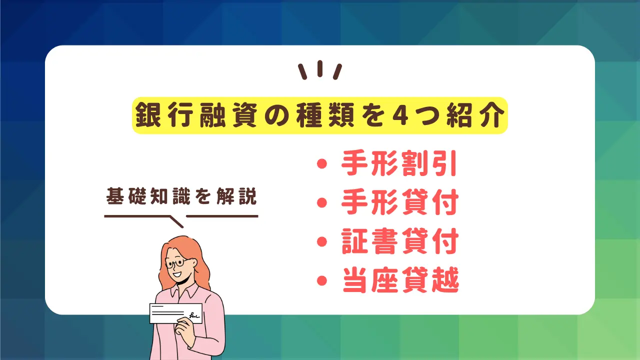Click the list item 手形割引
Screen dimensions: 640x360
click(399, 163)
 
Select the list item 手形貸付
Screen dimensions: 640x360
click(399, 202)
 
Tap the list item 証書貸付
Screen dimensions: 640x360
click(399, 241)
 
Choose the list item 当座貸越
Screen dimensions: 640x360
click(400, 280)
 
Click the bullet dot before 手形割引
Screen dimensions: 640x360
click(322, 163)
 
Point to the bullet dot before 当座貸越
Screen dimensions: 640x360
click(322, 280)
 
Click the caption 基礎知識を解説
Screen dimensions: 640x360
click(181, 196)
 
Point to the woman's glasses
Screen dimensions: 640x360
click(177, 263)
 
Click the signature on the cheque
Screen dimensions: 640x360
click(194, 315)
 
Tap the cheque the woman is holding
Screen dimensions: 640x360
click(176, 313)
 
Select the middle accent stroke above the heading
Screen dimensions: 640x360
click(320, 68)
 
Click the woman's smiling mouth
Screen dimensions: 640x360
click(177, 274)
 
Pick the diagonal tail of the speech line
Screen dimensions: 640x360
click(176, 222)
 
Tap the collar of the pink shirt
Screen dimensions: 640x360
click(184, 291)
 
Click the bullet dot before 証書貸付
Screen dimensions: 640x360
click(322, 241)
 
